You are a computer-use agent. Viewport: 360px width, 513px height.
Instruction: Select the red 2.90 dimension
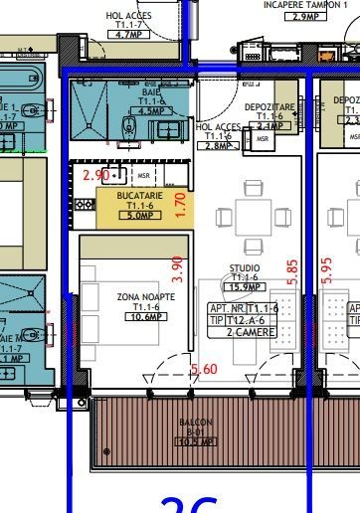click(x=95, y=175)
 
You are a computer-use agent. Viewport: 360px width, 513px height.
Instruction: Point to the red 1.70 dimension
click(x=180, y=204)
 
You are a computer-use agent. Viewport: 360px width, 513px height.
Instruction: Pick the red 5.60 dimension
click(x=204, y=369)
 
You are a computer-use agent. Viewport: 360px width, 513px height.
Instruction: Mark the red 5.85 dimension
click(x=291, y=273)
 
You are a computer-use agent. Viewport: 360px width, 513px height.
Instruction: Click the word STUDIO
click(x=245, y=268)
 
